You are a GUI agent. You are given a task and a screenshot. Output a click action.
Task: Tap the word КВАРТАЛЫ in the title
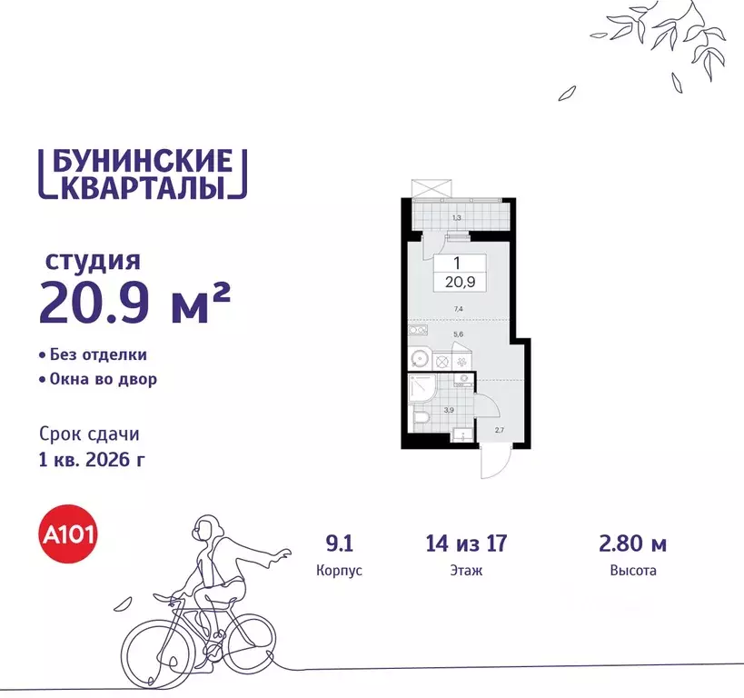(x=143, y=188)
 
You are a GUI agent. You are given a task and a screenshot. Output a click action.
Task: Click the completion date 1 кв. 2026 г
(x=93, y=458)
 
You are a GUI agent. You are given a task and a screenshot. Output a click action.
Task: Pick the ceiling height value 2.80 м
(x=633, y=544)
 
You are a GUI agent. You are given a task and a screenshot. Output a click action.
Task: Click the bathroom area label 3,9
(x=448, y=411)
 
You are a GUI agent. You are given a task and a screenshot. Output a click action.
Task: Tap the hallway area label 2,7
(x=500, y=430)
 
